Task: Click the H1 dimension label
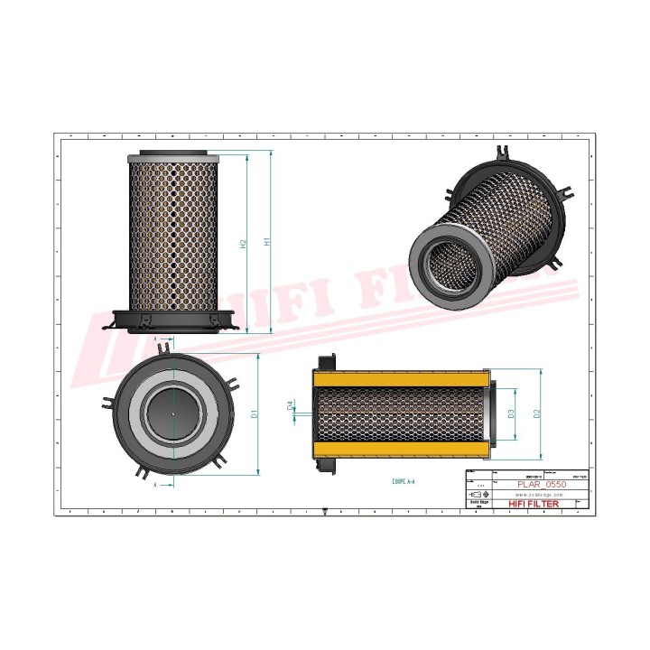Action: click(266, 242)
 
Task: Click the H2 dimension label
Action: click(244, 244)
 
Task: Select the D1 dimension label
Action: click(255, 413)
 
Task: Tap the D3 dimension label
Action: click(511, 413)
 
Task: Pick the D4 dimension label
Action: click(290, 407)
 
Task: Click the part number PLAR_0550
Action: click(541, 485)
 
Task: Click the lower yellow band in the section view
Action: click(403, 449)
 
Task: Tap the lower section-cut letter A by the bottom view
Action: click(155, 486)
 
